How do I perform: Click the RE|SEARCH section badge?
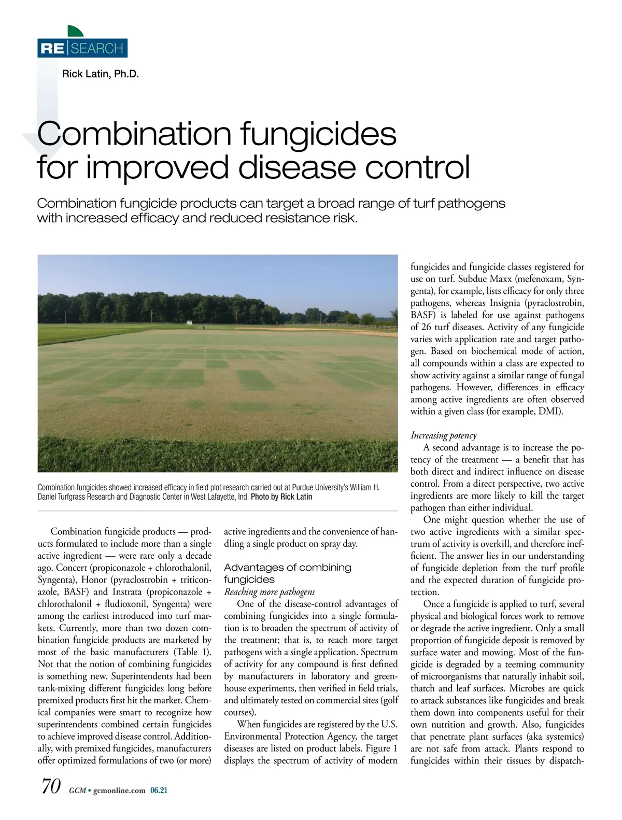point(82,48)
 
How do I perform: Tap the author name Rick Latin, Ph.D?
point(101,74)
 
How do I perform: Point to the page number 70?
point(51,786)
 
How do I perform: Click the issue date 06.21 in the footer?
point(159,790)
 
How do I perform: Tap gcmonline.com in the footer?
point(119,790)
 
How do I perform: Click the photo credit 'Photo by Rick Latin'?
point(281,497)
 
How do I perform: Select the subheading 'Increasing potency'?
point(443,435)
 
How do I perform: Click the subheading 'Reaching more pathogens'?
point(269,591)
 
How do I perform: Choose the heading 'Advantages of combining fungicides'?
point(287,573)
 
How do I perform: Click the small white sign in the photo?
point(189,323)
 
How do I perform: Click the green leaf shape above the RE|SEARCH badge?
point(76,31)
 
